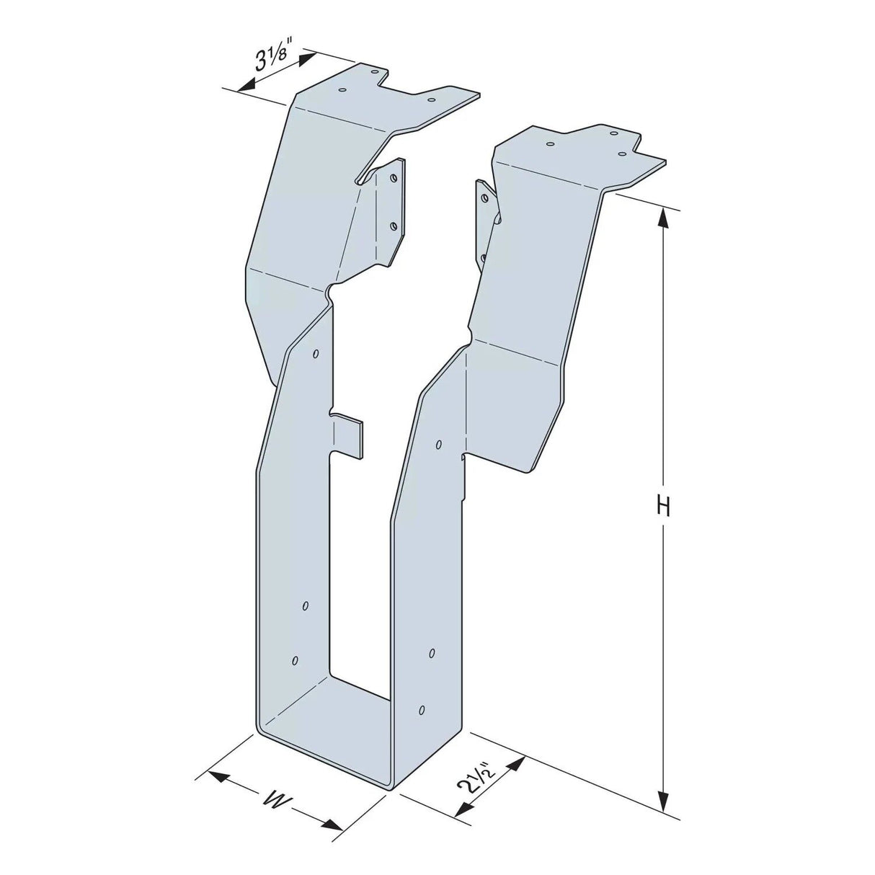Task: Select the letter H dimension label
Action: (663, 507)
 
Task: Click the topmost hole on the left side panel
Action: (316, 354)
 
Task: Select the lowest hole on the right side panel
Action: (422, 709)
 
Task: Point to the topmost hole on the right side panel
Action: (437, 445)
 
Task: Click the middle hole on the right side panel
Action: (431, 653)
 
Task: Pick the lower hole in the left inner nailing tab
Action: (393, 226)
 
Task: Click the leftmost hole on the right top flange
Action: (550, 144)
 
